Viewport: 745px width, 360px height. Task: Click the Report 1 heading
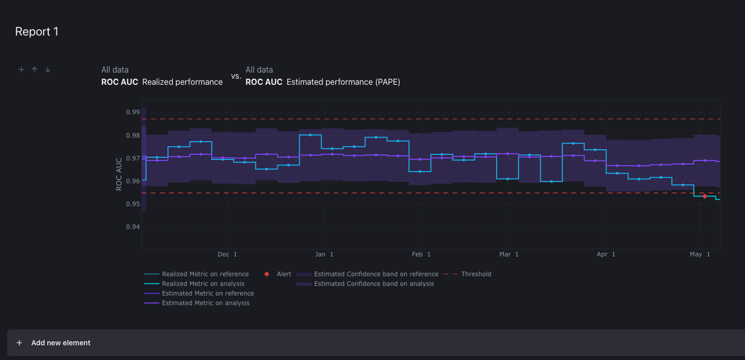click(37, 31)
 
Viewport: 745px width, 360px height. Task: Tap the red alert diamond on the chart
click(704, 196)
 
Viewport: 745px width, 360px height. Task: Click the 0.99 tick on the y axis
click(133, 112)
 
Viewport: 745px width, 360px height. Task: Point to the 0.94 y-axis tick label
click(133, 227)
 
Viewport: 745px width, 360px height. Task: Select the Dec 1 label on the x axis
click(227, 254)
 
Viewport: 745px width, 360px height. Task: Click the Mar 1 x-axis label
click(509, 254)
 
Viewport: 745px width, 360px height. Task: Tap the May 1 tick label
click(700, 254)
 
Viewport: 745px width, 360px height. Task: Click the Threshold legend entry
click(476, 274)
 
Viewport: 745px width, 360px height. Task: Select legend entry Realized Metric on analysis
click(203, 284)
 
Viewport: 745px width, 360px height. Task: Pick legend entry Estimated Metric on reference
click(208, 293)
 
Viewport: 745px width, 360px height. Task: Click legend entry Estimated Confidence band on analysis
click(374, 284)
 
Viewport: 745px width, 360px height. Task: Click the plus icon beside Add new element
click(19, 343)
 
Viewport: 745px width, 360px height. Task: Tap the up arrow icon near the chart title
click(35, 70)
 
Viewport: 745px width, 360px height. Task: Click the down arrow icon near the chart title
click(48, 70)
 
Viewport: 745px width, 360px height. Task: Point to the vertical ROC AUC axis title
click(119, 174)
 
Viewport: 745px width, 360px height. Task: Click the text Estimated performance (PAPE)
click(343, 82)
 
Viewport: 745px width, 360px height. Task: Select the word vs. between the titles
click(236, 76)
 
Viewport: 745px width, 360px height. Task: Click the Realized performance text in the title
click(182, 82)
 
